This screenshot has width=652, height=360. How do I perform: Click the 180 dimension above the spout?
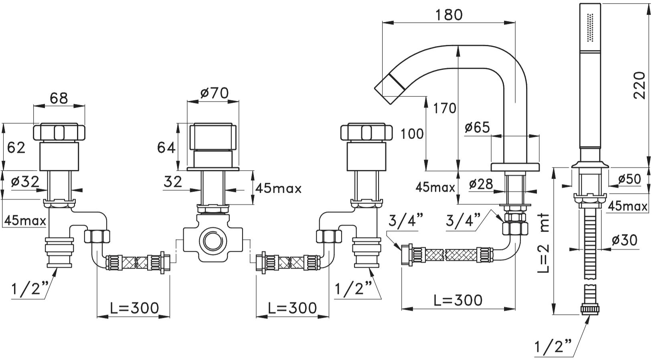coord(449,15)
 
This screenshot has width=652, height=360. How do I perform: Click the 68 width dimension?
coord(59,98)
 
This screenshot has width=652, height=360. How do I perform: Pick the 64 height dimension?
coord(166,148)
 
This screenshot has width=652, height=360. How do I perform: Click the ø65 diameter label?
coord(477,127)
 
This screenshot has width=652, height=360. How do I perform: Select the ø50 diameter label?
coord(630,179)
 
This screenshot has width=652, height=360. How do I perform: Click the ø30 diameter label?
coord(624,240)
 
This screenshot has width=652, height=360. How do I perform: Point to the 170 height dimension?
coord(445,108)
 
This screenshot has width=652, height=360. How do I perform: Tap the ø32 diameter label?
coord(25,182)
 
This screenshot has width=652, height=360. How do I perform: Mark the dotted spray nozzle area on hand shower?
coord(590,27)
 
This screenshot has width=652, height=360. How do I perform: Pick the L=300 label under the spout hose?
coord(458,300)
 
